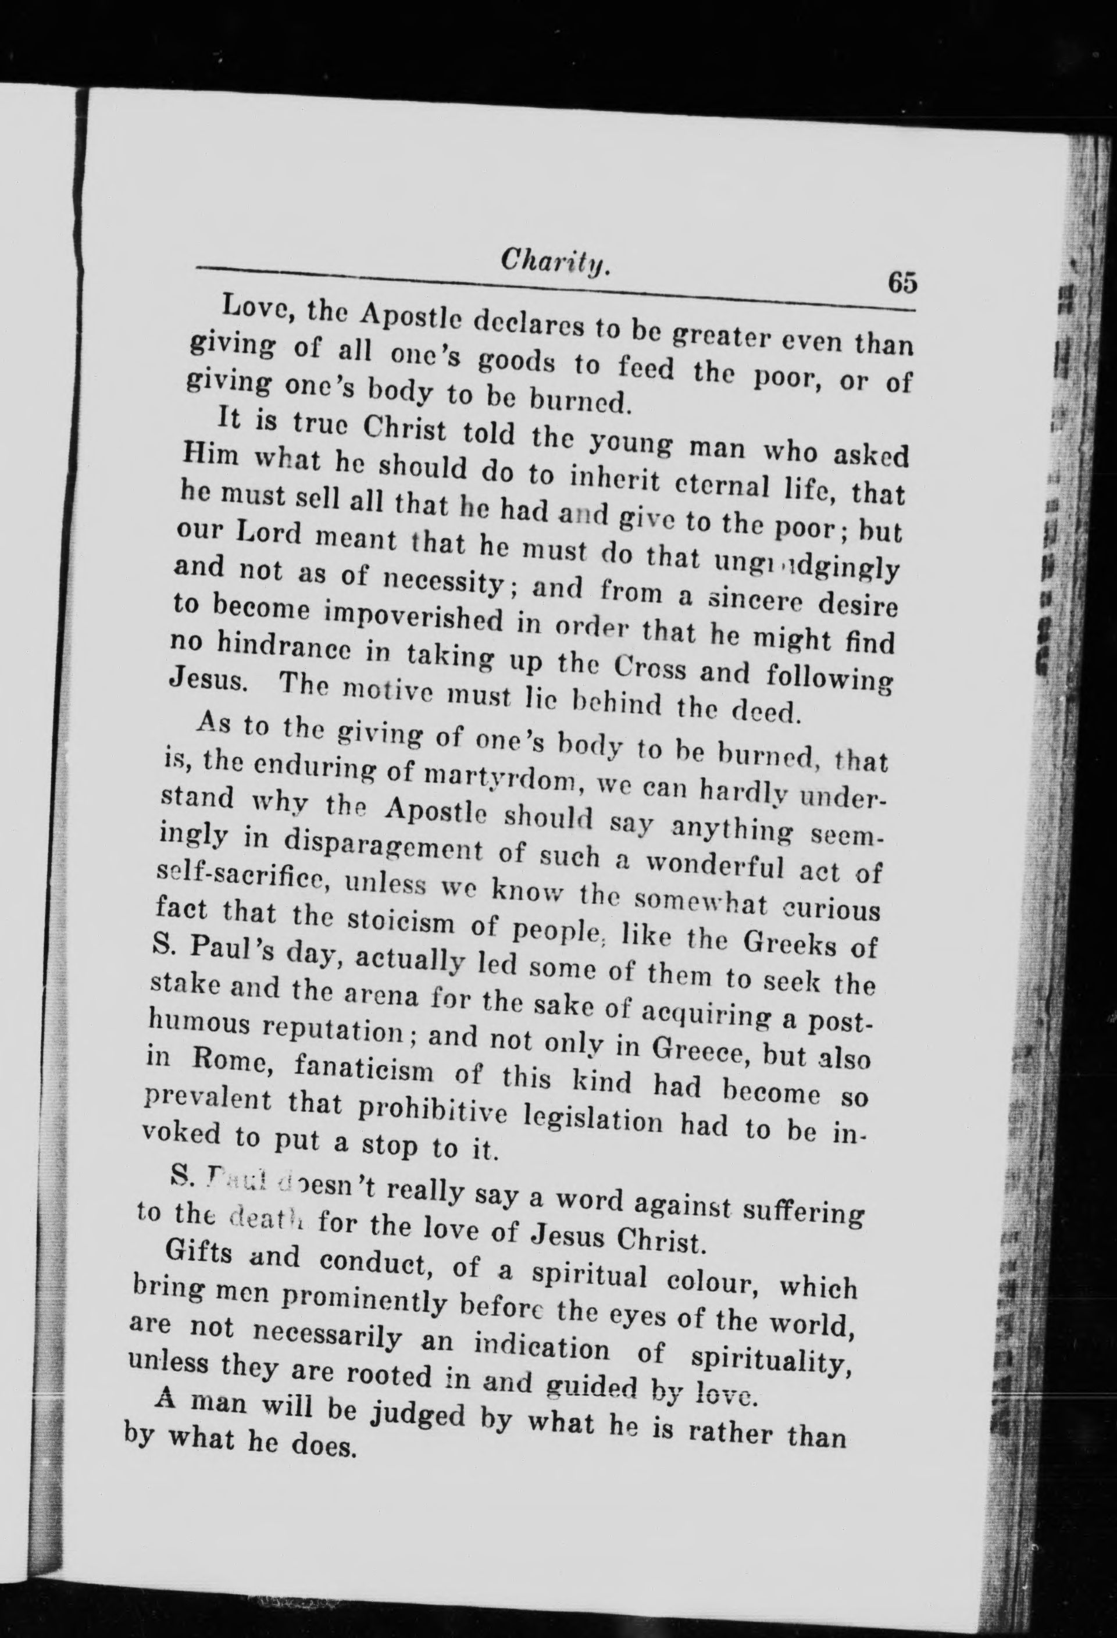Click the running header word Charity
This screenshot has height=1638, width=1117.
555,265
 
